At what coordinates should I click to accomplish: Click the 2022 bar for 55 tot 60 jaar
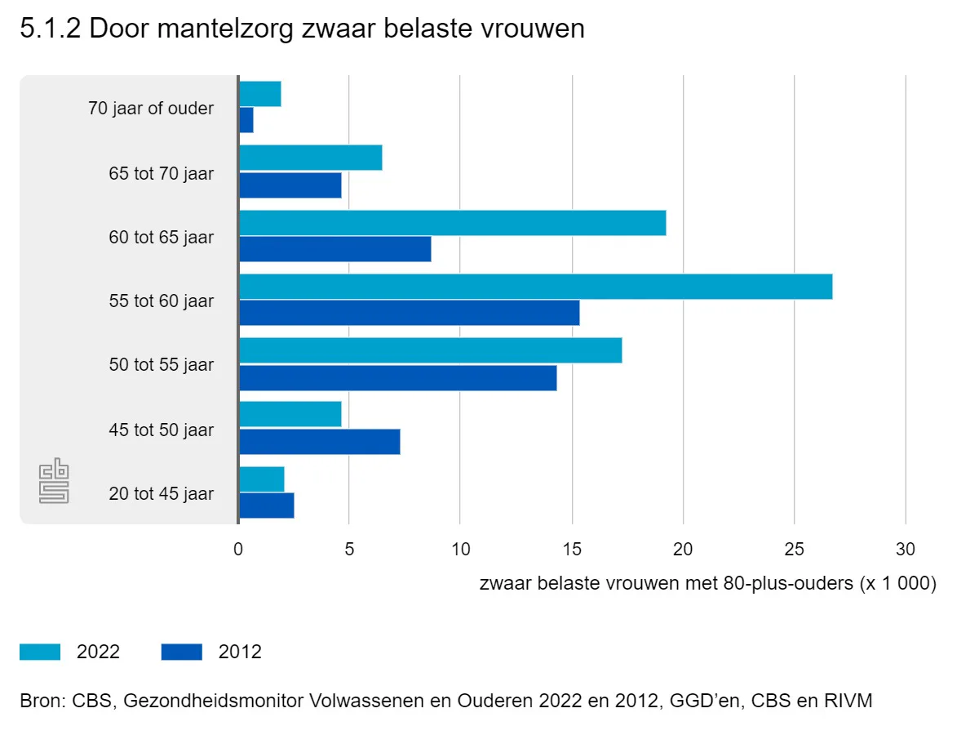click(535, 287)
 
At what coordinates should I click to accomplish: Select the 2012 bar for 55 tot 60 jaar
click(409, 313)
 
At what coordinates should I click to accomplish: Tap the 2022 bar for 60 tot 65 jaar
click(452, 223)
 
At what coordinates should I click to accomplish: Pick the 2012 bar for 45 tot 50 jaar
click(319, 442)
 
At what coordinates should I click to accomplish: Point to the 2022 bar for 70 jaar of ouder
click(259, 95)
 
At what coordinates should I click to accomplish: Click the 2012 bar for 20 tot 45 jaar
click(266, 506)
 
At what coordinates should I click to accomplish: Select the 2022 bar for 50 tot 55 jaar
click(430, 350)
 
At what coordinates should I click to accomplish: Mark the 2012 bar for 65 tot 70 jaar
click(290, 185)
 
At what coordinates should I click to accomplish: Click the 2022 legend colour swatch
click(40, 652)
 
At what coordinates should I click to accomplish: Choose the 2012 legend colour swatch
click(181, 652)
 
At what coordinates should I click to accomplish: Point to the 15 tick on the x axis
click(572, 550)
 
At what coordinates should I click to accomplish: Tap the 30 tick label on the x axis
click(906, 550)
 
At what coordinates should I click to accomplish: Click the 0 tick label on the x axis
click(238, 550)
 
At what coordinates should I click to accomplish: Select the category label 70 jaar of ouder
click(151, 108)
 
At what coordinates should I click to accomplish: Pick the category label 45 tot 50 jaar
click(161, 430)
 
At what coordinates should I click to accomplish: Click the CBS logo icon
click(55, 482)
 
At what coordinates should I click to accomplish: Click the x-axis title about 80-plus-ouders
click(707, 584)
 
